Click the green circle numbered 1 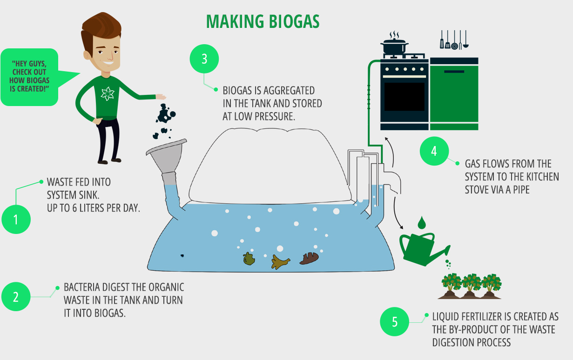point(16,220)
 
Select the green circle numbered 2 point(16,297)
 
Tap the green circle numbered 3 point(204,59)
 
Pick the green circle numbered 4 point(434,151)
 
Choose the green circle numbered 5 point(394,322)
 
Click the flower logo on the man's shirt point(108,93)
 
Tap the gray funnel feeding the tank point(166,161)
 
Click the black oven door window point(404,97)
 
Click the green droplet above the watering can point(422,223)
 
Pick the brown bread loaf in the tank point(309,258)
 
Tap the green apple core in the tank point(249,259)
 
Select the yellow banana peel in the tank point(281,262)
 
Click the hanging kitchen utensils point(454,40)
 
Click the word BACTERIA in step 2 point(82,287)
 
